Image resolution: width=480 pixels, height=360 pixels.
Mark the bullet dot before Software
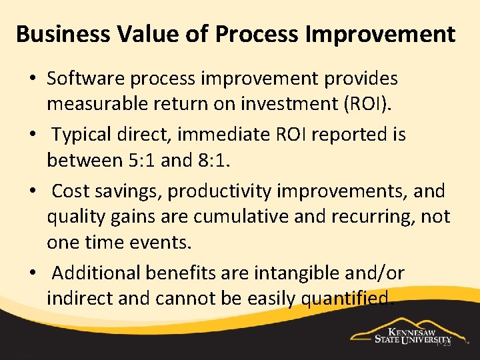tap(32, 79)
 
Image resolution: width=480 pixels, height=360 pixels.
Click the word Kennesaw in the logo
tap(417, 331)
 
